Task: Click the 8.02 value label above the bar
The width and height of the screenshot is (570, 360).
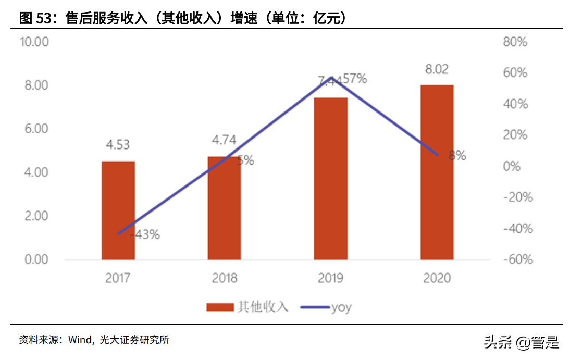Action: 437,69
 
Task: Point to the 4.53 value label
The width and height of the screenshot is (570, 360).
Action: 118,144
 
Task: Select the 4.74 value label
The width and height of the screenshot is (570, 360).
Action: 224,140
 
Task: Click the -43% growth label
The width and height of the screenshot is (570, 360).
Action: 144,235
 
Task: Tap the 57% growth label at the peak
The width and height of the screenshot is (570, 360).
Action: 355,79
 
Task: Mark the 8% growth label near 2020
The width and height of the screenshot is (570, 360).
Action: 457,155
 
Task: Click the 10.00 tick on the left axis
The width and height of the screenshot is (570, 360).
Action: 34,42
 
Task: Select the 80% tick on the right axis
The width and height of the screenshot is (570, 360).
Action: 515,42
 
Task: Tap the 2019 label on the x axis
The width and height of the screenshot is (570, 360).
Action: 330,278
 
